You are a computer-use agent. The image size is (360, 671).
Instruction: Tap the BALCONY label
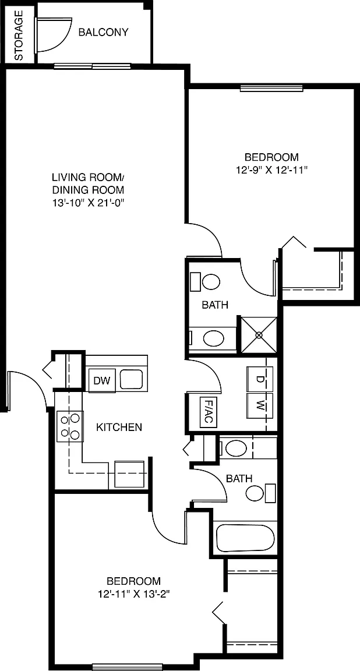click(x=104, y=33)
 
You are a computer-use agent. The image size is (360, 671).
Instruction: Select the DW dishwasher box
click(x=103, y=380)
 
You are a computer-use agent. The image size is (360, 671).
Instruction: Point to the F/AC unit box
click(x=207, y=412)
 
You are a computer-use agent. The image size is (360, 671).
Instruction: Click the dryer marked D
click(x=259, y=379)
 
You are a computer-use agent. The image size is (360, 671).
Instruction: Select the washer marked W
click(x=259, y=405)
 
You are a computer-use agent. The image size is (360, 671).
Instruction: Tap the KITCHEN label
click(x=119, y=427)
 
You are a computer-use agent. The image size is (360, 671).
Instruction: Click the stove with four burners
click(x=70, y=426)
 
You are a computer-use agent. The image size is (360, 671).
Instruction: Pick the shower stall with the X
click(x=259, y=335)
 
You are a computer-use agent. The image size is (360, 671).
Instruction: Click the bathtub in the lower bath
click(x=245, y=538)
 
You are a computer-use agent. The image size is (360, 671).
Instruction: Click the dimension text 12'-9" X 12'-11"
click(x=272, y=170)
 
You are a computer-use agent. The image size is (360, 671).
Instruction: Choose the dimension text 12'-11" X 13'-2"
click(x=133, y=594)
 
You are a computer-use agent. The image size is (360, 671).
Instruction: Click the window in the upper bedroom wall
click(x=271, y=88)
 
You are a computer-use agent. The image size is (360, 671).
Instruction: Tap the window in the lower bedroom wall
click(x=128, y=666)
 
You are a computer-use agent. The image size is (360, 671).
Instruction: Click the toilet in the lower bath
click(x=261, y=493)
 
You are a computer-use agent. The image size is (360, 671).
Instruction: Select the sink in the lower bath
click(x=236, y=448)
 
